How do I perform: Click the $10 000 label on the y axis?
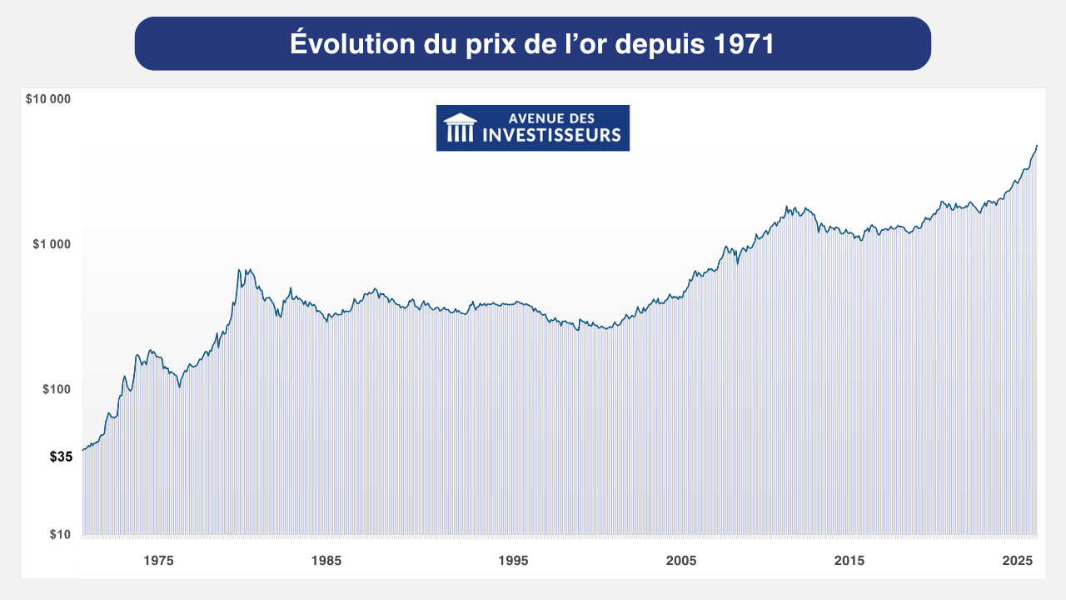click(x=48, y=99)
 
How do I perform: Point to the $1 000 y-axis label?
click(x=52, y=244)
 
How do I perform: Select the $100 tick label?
click(x=57, y=389)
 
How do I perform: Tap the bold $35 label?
click(x=61, y=457)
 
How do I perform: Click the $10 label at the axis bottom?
click(x=60, y=534)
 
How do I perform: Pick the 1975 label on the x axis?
click(x=158, y=561)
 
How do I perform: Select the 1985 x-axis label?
click(x=326, y=561)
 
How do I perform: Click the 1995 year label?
click(x=514, y=561)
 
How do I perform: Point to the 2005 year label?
click(x=681, y=561)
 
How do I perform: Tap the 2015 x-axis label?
click(x=849, y=561)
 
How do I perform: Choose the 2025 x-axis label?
click(x=1017, y=561)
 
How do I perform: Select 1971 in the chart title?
click(x=745, y=43)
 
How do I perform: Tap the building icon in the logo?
click(x=460, y=128)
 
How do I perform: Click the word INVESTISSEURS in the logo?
click(x=552, y=135)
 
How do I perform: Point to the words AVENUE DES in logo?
click(x=551, y=119)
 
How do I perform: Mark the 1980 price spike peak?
click(x=239, y=269)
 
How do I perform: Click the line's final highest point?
click(x=1037, y=146)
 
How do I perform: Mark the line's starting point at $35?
click(x=82, y=450)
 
